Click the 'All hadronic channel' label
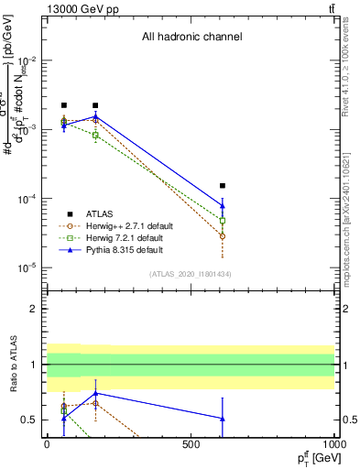[191, 38]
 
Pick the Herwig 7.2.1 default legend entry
[120, 237]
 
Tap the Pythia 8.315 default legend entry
[119, 249]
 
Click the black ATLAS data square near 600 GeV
[223, 185]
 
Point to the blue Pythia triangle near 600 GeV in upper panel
[223, 205]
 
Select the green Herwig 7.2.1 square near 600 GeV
[223, 221]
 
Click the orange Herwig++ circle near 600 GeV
[223, 236]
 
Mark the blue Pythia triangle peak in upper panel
[95, 116]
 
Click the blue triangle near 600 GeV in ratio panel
[223, 419]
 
